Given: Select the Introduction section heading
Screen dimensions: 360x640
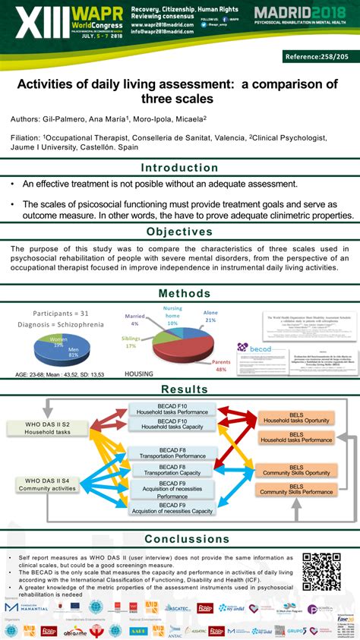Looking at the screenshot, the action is [x=179, y=168].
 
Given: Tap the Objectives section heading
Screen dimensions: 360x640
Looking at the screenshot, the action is [x=179, y=232].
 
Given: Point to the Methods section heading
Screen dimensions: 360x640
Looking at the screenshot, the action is [x=179, y=294].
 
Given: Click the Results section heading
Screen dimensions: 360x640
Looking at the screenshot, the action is [x=179, y=389].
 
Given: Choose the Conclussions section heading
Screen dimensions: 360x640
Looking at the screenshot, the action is [x=179, y=540].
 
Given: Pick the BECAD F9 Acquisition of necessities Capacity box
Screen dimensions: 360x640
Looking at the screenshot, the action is [x=172, y=509].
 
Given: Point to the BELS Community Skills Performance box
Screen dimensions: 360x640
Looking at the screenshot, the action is [x=295, y=489].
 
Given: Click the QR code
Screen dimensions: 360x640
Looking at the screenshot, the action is [x=321, y=571].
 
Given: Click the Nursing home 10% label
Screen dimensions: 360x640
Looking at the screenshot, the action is [x=172, y=316].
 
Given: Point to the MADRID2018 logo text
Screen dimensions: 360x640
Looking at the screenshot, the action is [x=302, y=13].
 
